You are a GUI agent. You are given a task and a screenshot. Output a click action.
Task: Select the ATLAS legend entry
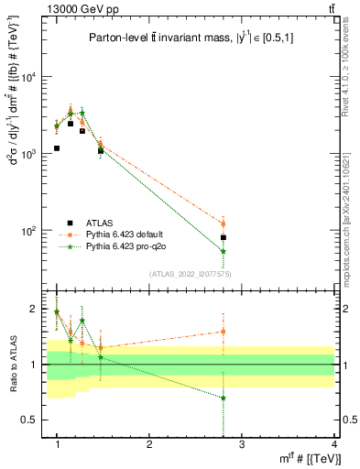click(x=101, y=222)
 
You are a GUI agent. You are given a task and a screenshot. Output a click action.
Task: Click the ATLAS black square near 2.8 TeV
click(x=224, y=237)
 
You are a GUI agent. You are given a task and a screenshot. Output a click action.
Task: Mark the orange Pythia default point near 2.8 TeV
click(x=224, y=224)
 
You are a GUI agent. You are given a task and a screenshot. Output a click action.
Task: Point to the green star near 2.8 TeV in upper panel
click(x=224, y=251)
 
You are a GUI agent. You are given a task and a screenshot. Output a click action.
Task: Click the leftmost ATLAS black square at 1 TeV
click(x=57, y=147)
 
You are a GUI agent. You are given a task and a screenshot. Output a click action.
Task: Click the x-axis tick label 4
click(x=333, y=445)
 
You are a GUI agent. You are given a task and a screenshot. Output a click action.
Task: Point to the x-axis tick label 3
click(x=241, y=445)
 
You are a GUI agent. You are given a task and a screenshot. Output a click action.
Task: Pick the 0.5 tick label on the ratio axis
click(x=30, y=420)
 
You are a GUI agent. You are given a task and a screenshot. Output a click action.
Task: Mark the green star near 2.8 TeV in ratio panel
click(x=224, y=398)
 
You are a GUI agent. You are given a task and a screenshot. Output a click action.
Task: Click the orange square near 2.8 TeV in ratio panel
click(x=224, y=332)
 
